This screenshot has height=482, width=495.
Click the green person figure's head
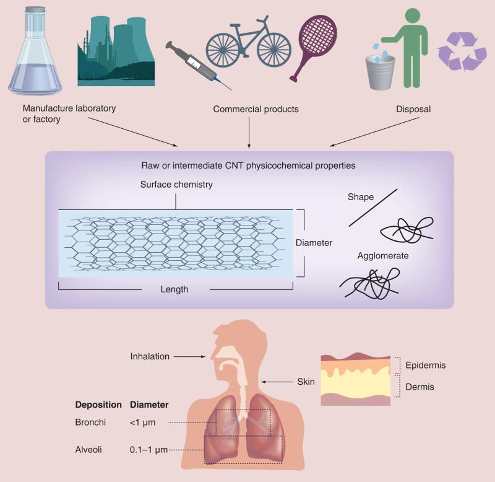coord(411,14)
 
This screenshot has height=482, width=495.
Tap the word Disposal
coord(413,109)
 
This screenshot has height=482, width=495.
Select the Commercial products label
coord(256,109)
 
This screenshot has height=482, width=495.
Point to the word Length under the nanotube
coord(174,289)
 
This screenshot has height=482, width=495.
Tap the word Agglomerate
coord(383,255)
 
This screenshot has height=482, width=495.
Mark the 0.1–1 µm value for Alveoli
coord(150,449)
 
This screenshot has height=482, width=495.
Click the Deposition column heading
coord(98,405)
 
